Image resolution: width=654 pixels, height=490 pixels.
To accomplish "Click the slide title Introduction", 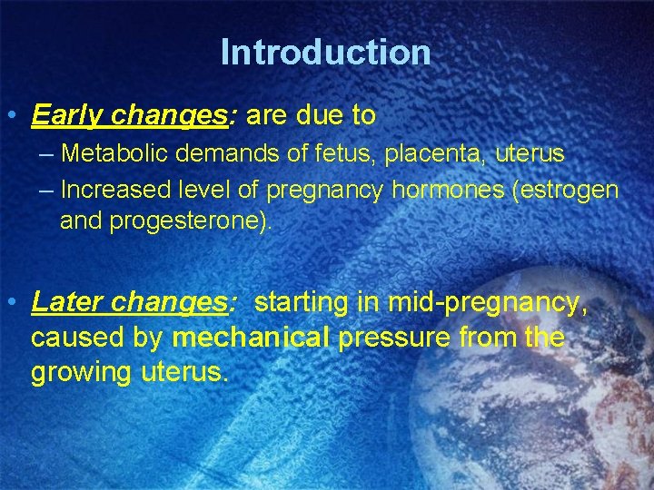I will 325,52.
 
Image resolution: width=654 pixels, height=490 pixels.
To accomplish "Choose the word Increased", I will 116,190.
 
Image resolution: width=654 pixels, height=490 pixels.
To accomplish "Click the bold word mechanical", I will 252,338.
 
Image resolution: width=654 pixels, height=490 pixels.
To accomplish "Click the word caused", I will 75,338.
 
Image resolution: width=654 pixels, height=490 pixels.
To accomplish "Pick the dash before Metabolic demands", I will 46,154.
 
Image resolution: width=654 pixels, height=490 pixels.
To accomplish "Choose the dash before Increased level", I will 46,190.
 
